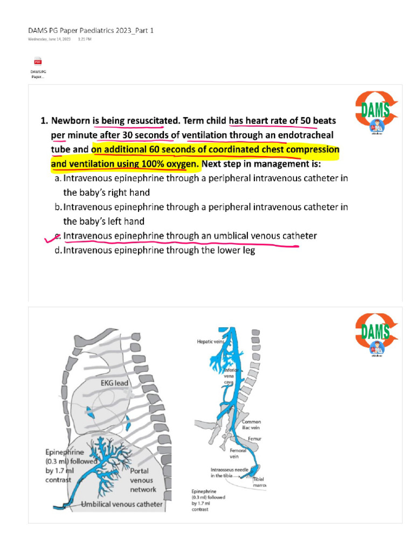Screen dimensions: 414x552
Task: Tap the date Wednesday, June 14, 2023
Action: tap(50, 39)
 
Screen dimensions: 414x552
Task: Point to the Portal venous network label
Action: tap(143, 480)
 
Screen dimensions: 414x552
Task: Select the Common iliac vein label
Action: tap(252, 425)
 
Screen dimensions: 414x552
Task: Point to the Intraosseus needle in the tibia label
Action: tap(229, 473)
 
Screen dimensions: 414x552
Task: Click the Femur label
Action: tap(254, 439)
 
